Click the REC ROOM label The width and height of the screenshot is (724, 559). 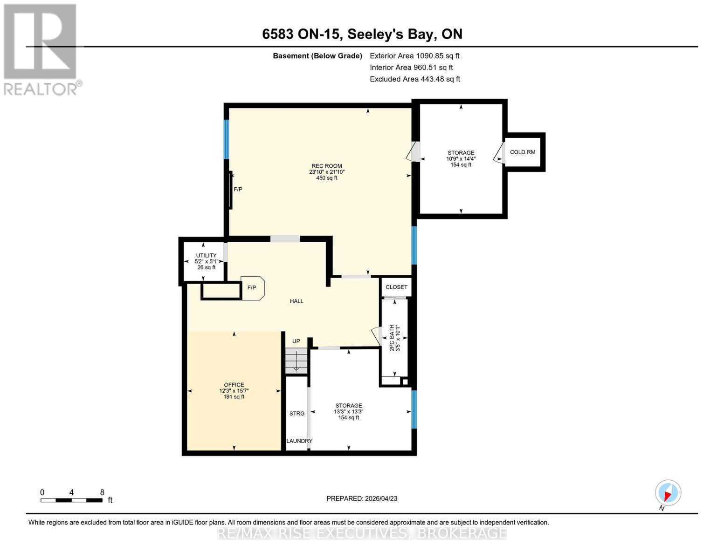pyautogui.click(x=326, y=166)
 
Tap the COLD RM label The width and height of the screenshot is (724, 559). pyautogui.click(x=522, y=152)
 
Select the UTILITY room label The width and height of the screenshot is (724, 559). pyautogui.click(x=206, y=256)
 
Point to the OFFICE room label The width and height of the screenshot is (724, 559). pyautogui.click(x=234, y=385)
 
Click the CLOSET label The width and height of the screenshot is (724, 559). pyautogui.click(x=396, y=287)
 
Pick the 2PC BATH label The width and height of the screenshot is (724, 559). pyautogui.click(x=392, y=337)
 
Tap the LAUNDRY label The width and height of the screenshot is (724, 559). pyautogui.click(x=299, y=441)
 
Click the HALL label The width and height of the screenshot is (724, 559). pyautogui.click(x=296, y=301)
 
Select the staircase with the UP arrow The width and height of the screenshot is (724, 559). pyautogui.click(x=296, y=361)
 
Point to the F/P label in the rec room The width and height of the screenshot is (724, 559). pyautogui.click(x=238, y=190)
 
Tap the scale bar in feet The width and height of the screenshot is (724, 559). pyautogui.click(x=71, y=500)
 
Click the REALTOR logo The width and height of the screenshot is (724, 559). pyautogui.click(x=41, y=49)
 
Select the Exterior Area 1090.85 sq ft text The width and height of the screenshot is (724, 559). pyautogui.click(x=414, y=56)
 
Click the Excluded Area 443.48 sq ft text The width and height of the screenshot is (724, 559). pyautogui.click(x=414, y=79)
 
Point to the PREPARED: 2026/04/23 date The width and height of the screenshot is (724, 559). pyautogui.click(x=362, y=499)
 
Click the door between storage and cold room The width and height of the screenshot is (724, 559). pyautogui.click(x=499, y=153)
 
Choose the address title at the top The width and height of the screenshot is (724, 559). pyautogui.click(x=362, y=34)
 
